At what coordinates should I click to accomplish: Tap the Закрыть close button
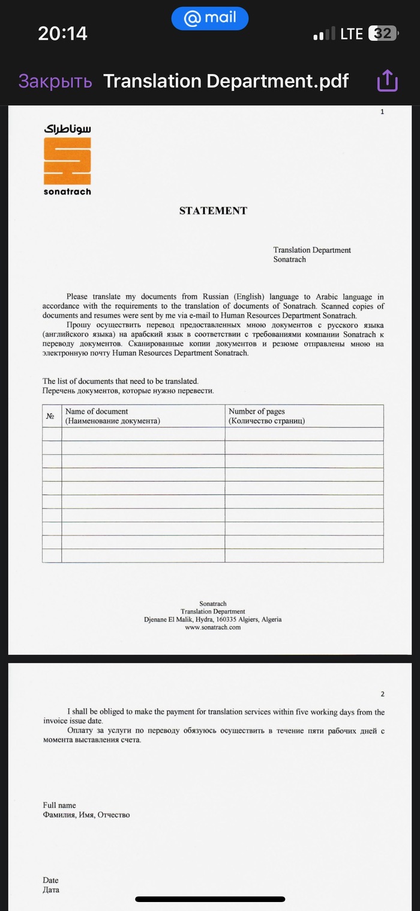click(x=55, y=81)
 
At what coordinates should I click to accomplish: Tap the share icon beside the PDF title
click(x=388, y=81)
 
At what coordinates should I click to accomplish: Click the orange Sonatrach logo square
click(x=67, y=160)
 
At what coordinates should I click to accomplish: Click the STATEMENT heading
click(x=213, y=211)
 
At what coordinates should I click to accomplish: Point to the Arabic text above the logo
click(x=67, y=129)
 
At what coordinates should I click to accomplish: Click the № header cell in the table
click(x=51, y=416)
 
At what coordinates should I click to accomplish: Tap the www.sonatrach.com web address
click(x=212, y=627)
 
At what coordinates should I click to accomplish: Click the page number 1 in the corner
click(x=382, y=112)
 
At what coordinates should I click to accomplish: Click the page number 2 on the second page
click(x=382, y=694)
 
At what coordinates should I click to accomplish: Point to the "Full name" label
click(x=59, y=805)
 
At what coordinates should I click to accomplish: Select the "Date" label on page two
click(x=51, y=880)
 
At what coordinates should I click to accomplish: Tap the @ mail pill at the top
click(x=210, y=19)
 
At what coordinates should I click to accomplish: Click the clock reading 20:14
click(x=62, y=34)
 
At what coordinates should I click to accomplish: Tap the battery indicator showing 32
click(x=382, y=34)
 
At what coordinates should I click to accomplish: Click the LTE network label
click(x=352, y=34)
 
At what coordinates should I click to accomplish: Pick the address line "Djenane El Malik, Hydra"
click(x=212, y=620)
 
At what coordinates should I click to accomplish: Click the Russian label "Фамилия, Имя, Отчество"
click(x=86, y=815)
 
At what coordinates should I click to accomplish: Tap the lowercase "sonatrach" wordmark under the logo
click(x=67, y=192)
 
